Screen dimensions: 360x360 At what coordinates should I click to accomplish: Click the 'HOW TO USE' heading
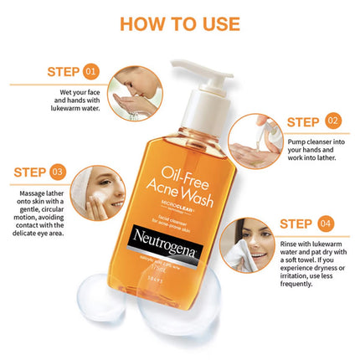(179, 22)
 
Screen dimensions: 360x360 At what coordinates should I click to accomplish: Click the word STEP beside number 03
(29, 172)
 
